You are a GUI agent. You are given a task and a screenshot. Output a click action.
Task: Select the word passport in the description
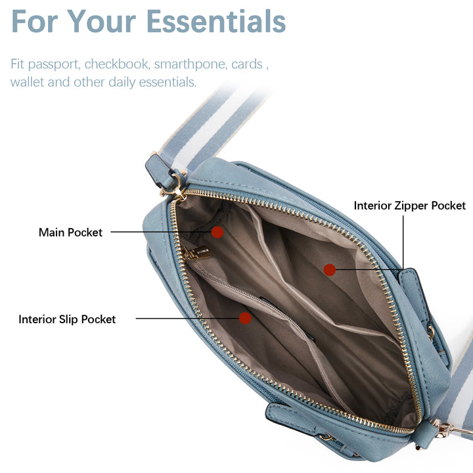[53, 65]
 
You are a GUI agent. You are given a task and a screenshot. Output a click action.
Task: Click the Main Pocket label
[70, 233]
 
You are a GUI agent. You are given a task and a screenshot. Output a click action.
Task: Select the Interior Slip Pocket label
[67, 319]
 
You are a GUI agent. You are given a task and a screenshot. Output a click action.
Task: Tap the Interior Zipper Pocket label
[410, 206]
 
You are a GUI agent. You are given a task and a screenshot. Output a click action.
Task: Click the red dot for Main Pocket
[217, 232]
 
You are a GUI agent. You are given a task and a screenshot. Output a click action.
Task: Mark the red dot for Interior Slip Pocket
[245, 319]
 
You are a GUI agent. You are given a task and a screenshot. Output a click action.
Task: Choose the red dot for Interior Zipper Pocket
[330, 269]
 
